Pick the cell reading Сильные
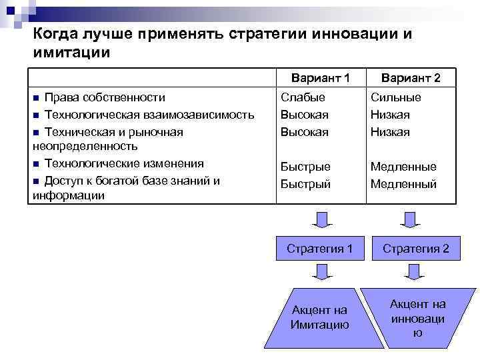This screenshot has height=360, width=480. (x=396, y=97)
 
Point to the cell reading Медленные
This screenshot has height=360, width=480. (x=403, y=167)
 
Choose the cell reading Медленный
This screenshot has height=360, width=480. (x=403, y=184)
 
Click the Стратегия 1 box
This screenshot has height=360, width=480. (x=320, y=249)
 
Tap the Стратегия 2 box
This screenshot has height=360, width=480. (x=416, y=249)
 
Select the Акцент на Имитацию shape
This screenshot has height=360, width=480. (x=320, y=317)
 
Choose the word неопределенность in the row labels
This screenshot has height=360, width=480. (x=85, y=146)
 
